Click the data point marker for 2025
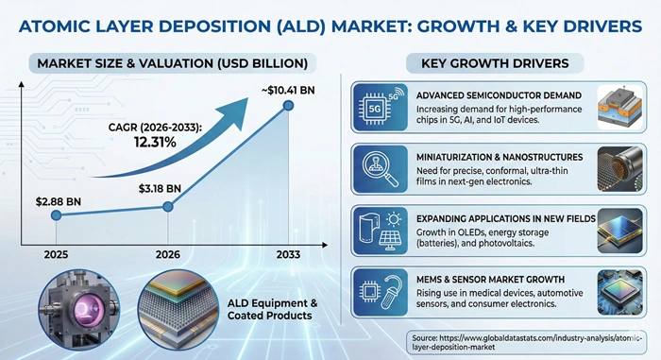57,215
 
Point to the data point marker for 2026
168,206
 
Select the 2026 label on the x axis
168,253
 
